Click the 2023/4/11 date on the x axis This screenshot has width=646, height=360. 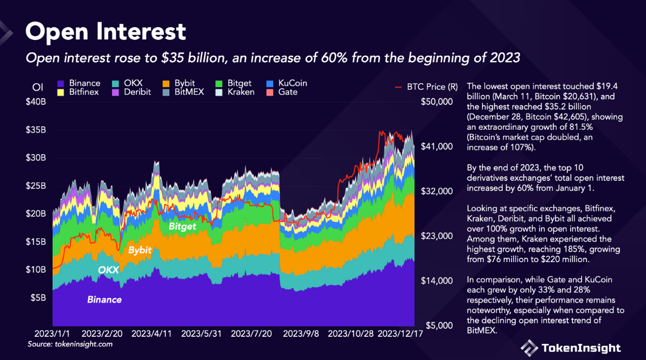pos(152,334)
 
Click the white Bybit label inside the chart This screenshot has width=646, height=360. pos(140,250)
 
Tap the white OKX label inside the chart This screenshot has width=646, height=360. pos(108,270)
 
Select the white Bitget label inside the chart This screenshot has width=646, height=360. pos(183,227)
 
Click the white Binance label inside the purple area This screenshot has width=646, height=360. pos(104,300)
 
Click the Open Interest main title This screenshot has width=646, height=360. pos(105,31)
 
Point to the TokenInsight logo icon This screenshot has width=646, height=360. pos(529,348)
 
